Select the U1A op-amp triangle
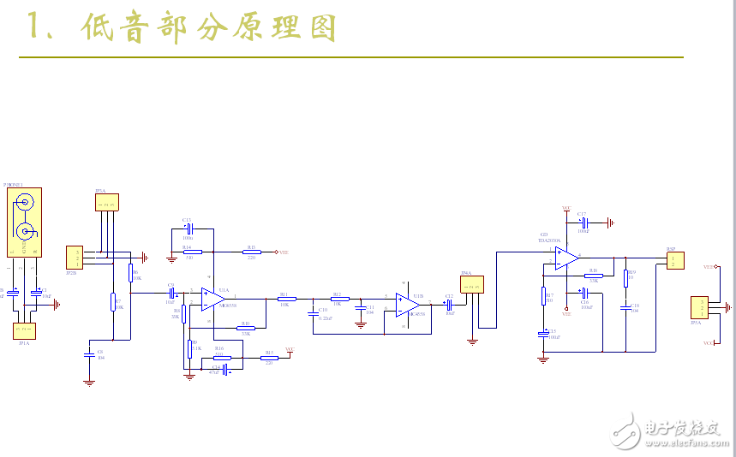(x=211, y=297)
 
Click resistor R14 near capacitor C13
(x=192, y=252)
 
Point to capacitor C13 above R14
(x=191, y=228)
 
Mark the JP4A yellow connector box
(x=472, y=284)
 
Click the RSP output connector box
(x=676, y=259)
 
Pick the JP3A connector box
(x=107, y=202)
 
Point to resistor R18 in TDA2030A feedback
(x=594, y=275)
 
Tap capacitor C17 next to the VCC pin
(x=583, y=222)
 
